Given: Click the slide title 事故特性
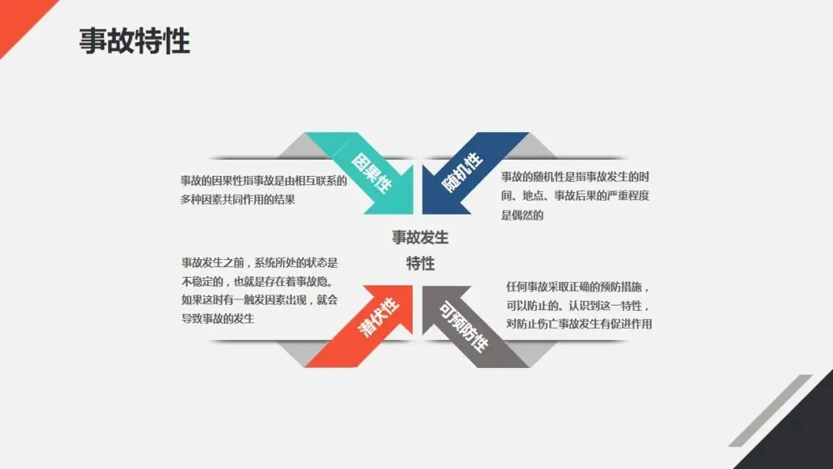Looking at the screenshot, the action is pos(134,41).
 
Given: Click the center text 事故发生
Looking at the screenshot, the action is pos(420,238).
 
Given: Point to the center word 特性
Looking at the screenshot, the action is pos(420,263).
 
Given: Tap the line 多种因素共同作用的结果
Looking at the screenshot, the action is pos(238,199).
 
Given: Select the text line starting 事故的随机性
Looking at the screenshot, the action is pos(575,177).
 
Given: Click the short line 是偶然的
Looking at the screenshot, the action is pos(522,215).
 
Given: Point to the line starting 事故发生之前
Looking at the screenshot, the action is pos(259,262).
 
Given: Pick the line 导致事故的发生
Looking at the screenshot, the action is pos(218,318).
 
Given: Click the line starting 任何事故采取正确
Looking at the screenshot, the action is pos(578,287).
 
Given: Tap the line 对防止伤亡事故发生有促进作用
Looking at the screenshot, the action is pos(578,324).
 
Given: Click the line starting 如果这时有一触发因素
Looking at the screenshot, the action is pos(259,300).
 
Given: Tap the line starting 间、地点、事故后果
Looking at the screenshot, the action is pos(575,197).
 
